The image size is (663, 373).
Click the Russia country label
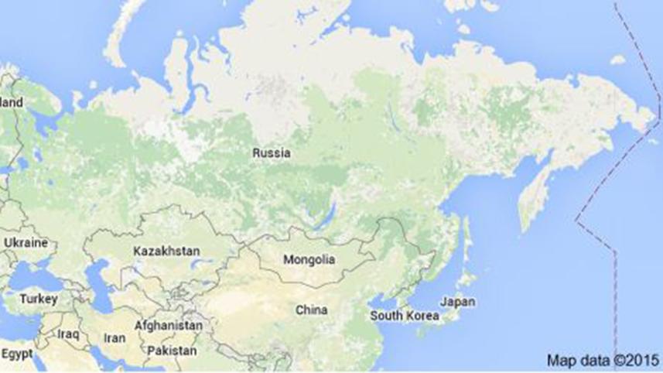[272, 153]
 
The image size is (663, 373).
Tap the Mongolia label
[309, 258]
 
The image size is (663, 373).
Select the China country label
[311, 310]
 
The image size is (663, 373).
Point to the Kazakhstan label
[166, 252]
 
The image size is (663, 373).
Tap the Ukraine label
[26, 242]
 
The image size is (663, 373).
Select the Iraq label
[67, 334]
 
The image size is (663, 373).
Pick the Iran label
[114, 338]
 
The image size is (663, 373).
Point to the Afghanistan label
[168, 326]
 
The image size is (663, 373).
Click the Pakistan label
[171, 351]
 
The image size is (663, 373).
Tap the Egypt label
[17, 354]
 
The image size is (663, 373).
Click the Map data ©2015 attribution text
[603, 360]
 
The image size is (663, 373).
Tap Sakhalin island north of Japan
[464, 232]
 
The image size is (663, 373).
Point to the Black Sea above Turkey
[35, 275]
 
